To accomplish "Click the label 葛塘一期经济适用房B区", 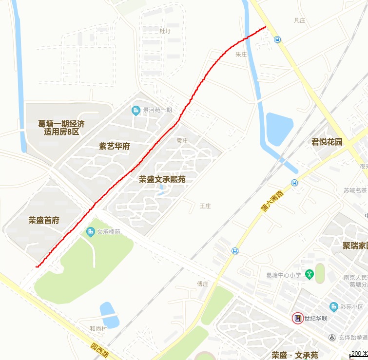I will click(61, 128).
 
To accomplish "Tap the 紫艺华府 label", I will click(115, 146).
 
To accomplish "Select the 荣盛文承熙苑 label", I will click(162, 179).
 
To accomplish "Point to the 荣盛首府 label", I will click(44, 220).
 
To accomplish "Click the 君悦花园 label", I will click(327, 142).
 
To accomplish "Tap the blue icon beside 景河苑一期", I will click(136, 111).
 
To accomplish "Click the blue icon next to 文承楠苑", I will click(90, 232).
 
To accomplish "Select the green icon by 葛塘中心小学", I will click(309, 275).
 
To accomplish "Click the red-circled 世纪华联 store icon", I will click(297, 319).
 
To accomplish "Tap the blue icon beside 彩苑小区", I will click(333, 306).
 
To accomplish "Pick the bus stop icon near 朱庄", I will click(277, 40).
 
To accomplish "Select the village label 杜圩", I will click(165, 31).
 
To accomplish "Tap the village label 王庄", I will click(205, 206).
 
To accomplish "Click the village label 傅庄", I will click(203, 284).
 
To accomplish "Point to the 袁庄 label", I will click(182, 140).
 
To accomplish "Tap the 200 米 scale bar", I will click(358, 354).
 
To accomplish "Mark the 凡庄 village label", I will click(299, 20).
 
